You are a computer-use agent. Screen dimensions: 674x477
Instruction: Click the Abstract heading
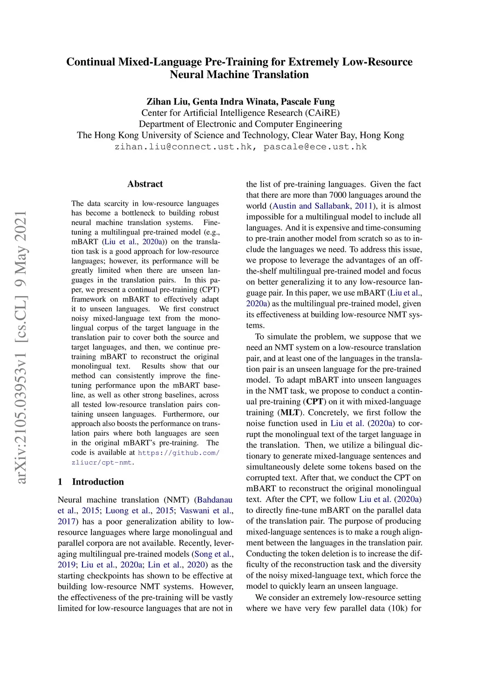click(x=145, y=184)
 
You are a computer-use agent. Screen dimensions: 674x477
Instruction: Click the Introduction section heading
click(x=98, y=482)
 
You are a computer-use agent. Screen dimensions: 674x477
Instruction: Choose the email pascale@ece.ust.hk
click(x=315, y=147)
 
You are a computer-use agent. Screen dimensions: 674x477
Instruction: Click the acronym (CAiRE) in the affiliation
click(x=322, y=113)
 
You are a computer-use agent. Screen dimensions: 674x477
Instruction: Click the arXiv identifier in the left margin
click(x=21, y=347)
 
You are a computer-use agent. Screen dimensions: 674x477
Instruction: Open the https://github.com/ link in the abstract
click(x=178, y=452)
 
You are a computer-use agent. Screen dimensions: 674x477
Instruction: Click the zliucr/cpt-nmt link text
click(x=102, y=462)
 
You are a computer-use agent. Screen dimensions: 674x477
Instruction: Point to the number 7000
click(x=338, y=195)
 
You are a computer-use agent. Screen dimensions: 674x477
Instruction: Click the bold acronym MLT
click(x=290, y=412)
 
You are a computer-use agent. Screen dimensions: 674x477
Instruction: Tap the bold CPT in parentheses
click(x=315, y=402)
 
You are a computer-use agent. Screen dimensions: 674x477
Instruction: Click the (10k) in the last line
click(x=396, y=608)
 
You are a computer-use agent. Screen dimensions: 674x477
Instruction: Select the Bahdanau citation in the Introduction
click(x=215, y=500)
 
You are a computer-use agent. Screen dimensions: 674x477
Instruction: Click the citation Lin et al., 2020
click(x=171, y=565)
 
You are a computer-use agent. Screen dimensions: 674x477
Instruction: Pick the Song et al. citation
click(x=213, y=554)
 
